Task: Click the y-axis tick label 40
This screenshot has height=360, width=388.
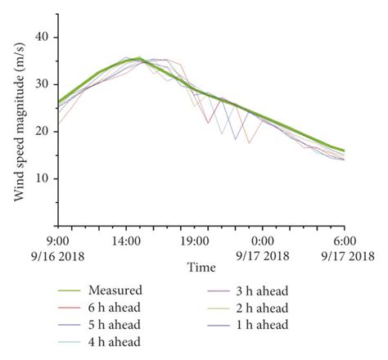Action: click(x=43, y=38)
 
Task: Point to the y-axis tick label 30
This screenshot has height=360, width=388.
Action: click(x=43, y=84)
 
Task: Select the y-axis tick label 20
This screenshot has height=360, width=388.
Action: click(x=43, y=132)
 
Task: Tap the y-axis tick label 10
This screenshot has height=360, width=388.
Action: click(x=43, y=178)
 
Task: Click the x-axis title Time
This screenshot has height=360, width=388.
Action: click(x=201, y=268)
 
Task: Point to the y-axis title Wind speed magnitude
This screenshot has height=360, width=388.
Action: click(x=17, y=120)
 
